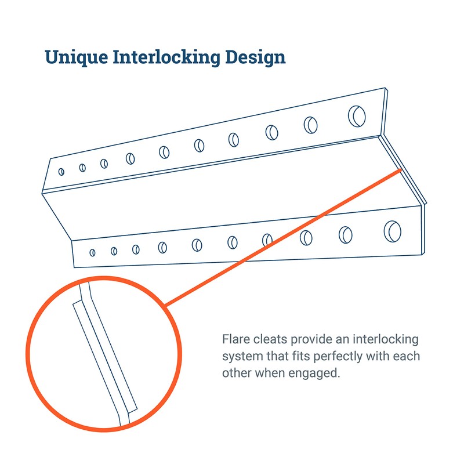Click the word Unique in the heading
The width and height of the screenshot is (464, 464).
click(x=77, y=57)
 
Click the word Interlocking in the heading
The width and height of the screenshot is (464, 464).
click(x=166, y=57)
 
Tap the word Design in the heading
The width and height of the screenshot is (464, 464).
click(x=255, y=57)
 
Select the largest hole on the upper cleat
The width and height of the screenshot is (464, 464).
click(x=357, y=117)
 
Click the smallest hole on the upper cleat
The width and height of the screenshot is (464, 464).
click(x=61, y=172)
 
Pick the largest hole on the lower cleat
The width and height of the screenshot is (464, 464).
click(x=393, y=231)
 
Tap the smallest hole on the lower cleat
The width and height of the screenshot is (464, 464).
click(x=92, y=252)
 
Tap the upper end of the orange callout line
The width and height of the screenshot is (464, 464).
click(x=401, y=170)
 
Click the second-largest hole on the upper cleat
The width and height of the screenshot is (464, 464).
click(x=310, y=125)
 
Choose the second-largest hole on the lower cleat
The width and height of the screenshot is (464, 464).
click(x=345, y=235)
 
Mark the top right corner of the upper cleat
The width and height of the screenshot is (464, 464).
click(x=385, y=88)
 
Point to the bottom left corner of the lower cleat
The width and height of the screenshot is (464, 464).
click(x=74, y=267)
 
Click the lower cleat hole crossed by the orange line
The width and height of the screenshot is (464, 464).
click(x=267, y=240)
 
